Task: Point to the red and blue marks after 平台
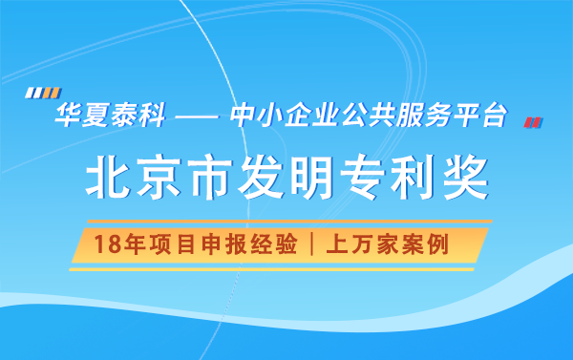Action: pyautogui.click(x=534, y=121)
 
